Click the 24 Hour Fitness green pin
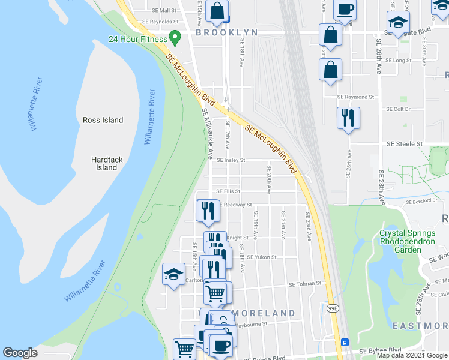point(175,38)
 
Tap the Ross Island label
point(103,120)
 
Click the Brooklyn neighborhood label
point(226,32)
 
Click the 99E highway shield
point(331,307)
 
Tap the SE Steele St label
point(405,145)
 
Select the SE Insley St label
point(231,160)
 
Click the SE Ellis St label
point(228,191)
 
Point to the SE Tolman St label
point(305,284)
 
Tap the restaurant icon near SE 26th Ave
point(348,118)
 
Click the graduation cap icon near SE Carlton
point(173,275)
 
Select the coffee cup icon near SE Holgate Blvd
point(345,10)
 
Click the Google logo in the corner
point(20,353)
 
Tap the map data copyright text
point(412,356)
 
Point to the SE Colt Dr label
point(398,109)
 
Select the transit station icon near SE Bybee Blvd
point(345,342)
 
